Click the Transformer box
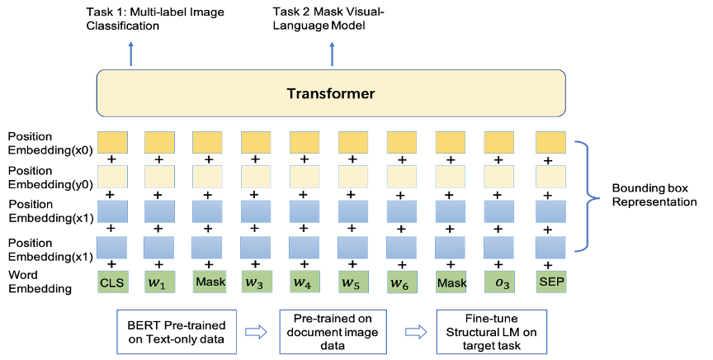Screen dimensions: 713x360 [331, 93]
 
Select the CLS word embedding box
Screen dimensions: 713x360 [112, 282]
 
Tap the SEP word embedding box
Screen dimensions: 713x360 [551, 282]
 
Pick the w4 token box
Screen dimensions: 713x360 [302, 282]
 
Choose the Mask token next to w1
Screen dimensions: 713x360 [210, 282]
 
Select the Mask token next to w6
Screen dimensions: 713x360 [451, 282]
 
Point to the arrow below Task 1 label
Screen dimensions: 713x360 [131, 54]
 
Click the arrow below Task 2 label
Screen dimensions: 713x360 [332, 54]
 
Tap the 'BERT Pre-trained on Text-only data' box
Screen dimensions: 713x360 [177, 332]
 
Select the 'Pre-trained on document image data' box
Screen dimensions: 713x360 [333, 332]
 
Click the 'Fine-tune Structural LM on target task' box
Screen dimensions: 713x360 [492, 332]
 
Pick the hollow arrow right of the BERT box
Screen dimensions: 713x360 [256, 332]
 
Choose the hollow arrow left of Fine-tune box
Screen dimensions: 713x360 [416, 332]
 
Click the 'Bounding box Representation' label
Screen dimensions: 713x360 [654, 195]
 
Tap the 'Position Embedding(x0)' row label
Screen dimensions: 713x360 [50, 143]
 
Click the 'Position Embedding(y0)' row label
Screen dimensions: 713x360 [50, 178]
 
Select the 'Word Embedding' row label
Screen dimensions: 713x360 [40, 282]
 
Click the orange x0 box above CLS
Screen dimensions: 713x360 [112, 143]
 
